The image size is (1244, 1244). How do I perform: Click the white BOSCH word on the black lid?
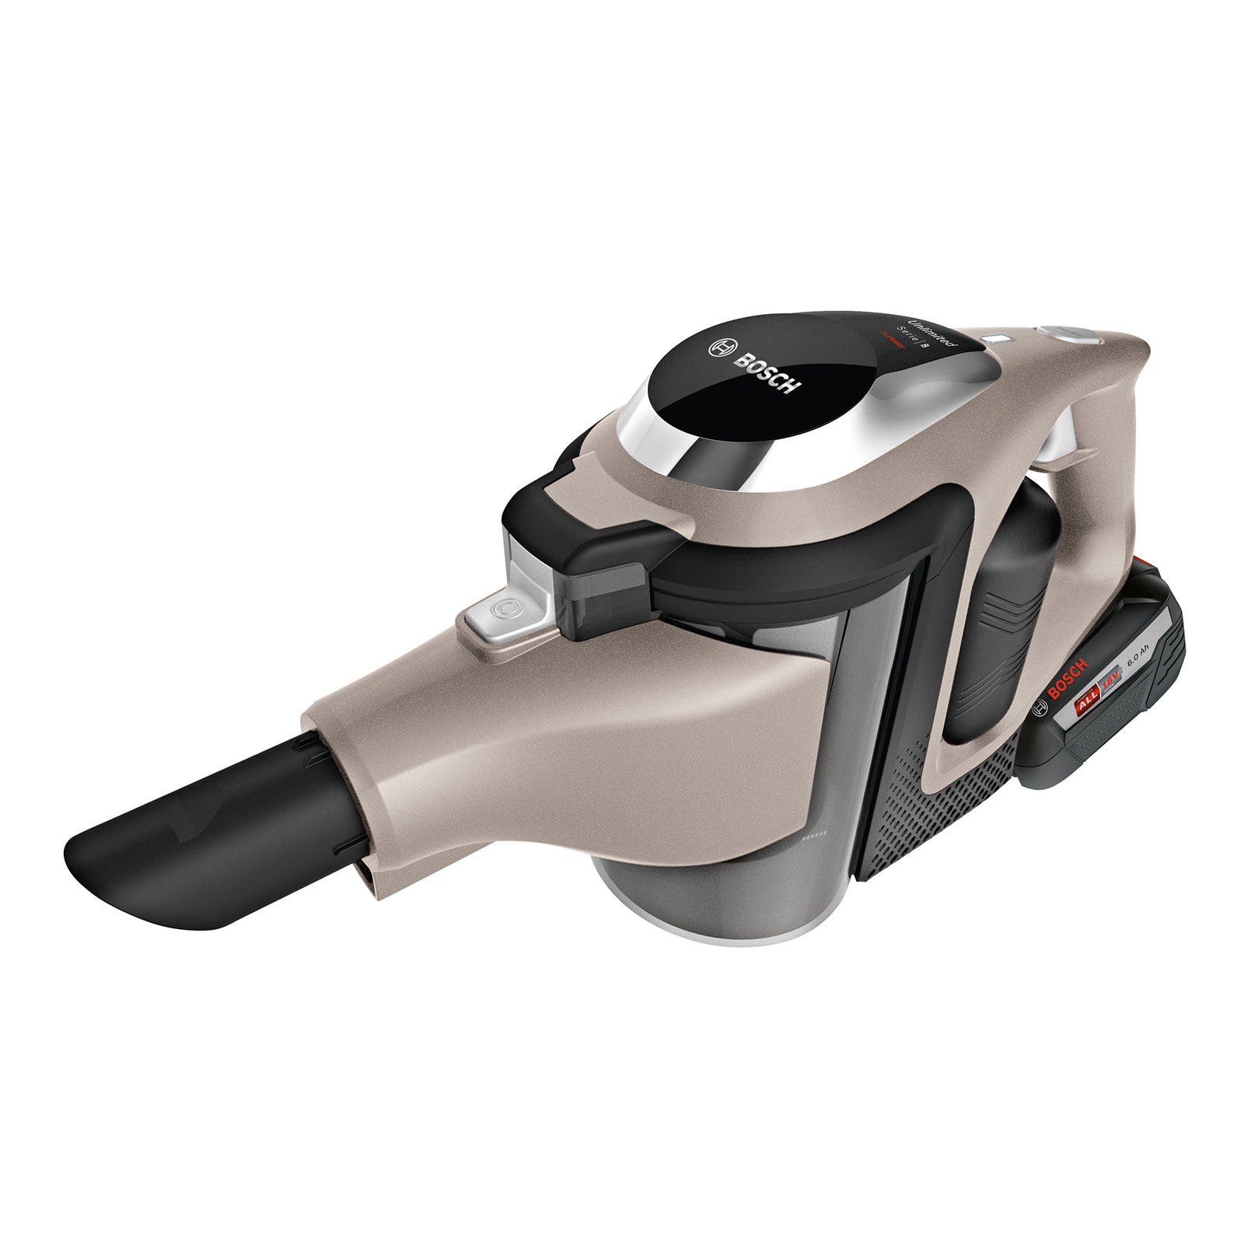click(x=766, y=374)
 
